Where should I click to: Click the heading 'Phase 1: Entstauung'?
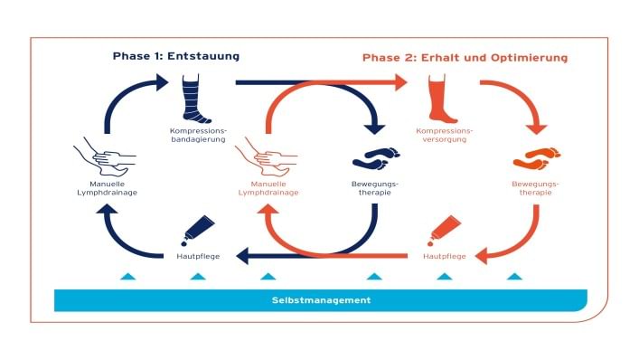pos(175,56)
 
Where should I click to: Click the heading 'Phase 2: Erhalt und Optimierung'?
pos(465,57)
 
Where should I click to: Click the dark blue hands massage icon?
pos(107,156)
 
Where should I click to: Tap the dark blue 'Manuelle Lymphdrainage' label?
pos(108,188)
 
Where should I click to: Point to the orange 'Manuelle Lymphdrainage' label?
pos(268,188)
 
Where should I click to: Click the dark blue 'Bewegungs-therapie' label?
pos(373,188)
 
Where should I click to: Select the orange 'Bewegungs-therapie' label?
pos(534,188)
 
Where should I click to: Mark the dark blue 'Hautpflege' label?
pos(197,257)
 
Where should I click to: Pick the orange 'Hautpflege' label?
pos(445,257)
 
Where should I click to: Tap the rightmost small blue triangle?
pos(514,275)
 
